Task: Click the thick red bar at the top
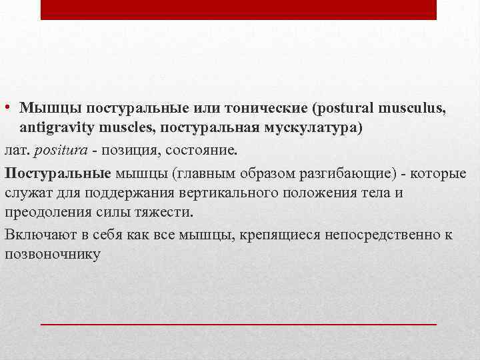pyautogui.click(x=239, y=9)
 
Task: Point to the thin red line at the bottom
pyautogui.click(x=239, y=323)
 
